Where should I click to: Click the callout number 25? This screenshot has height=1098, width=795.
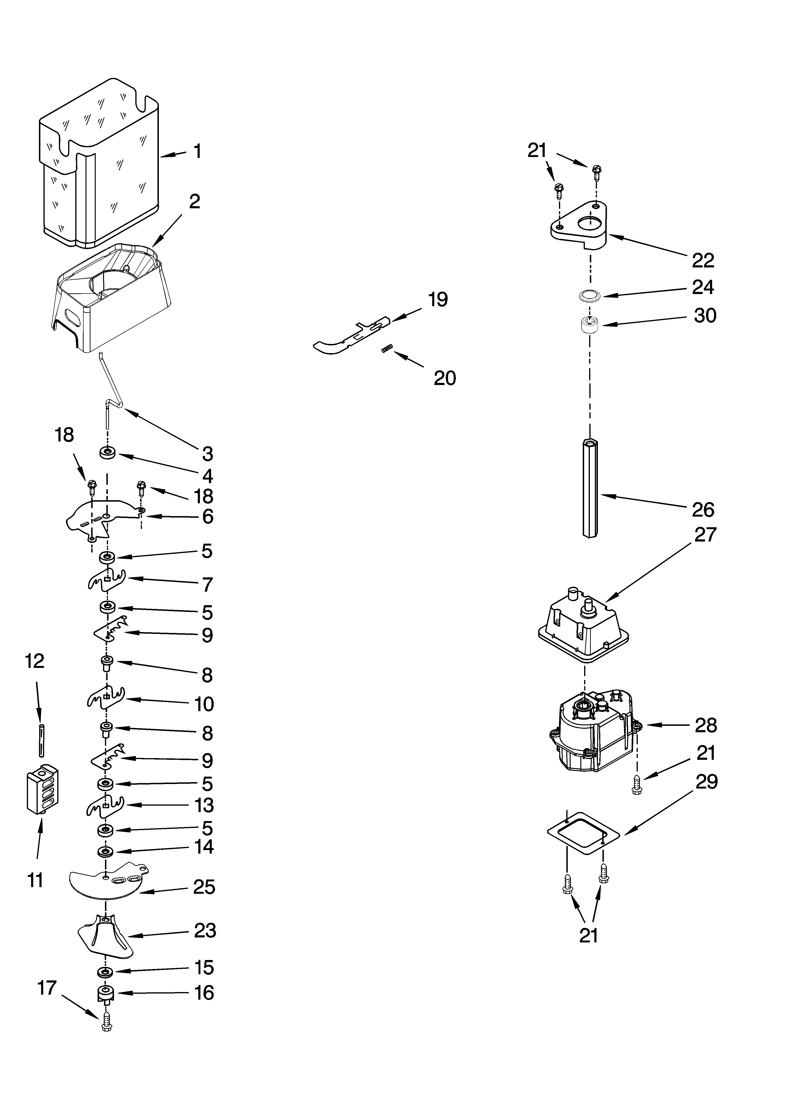(x=204, y=887)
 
